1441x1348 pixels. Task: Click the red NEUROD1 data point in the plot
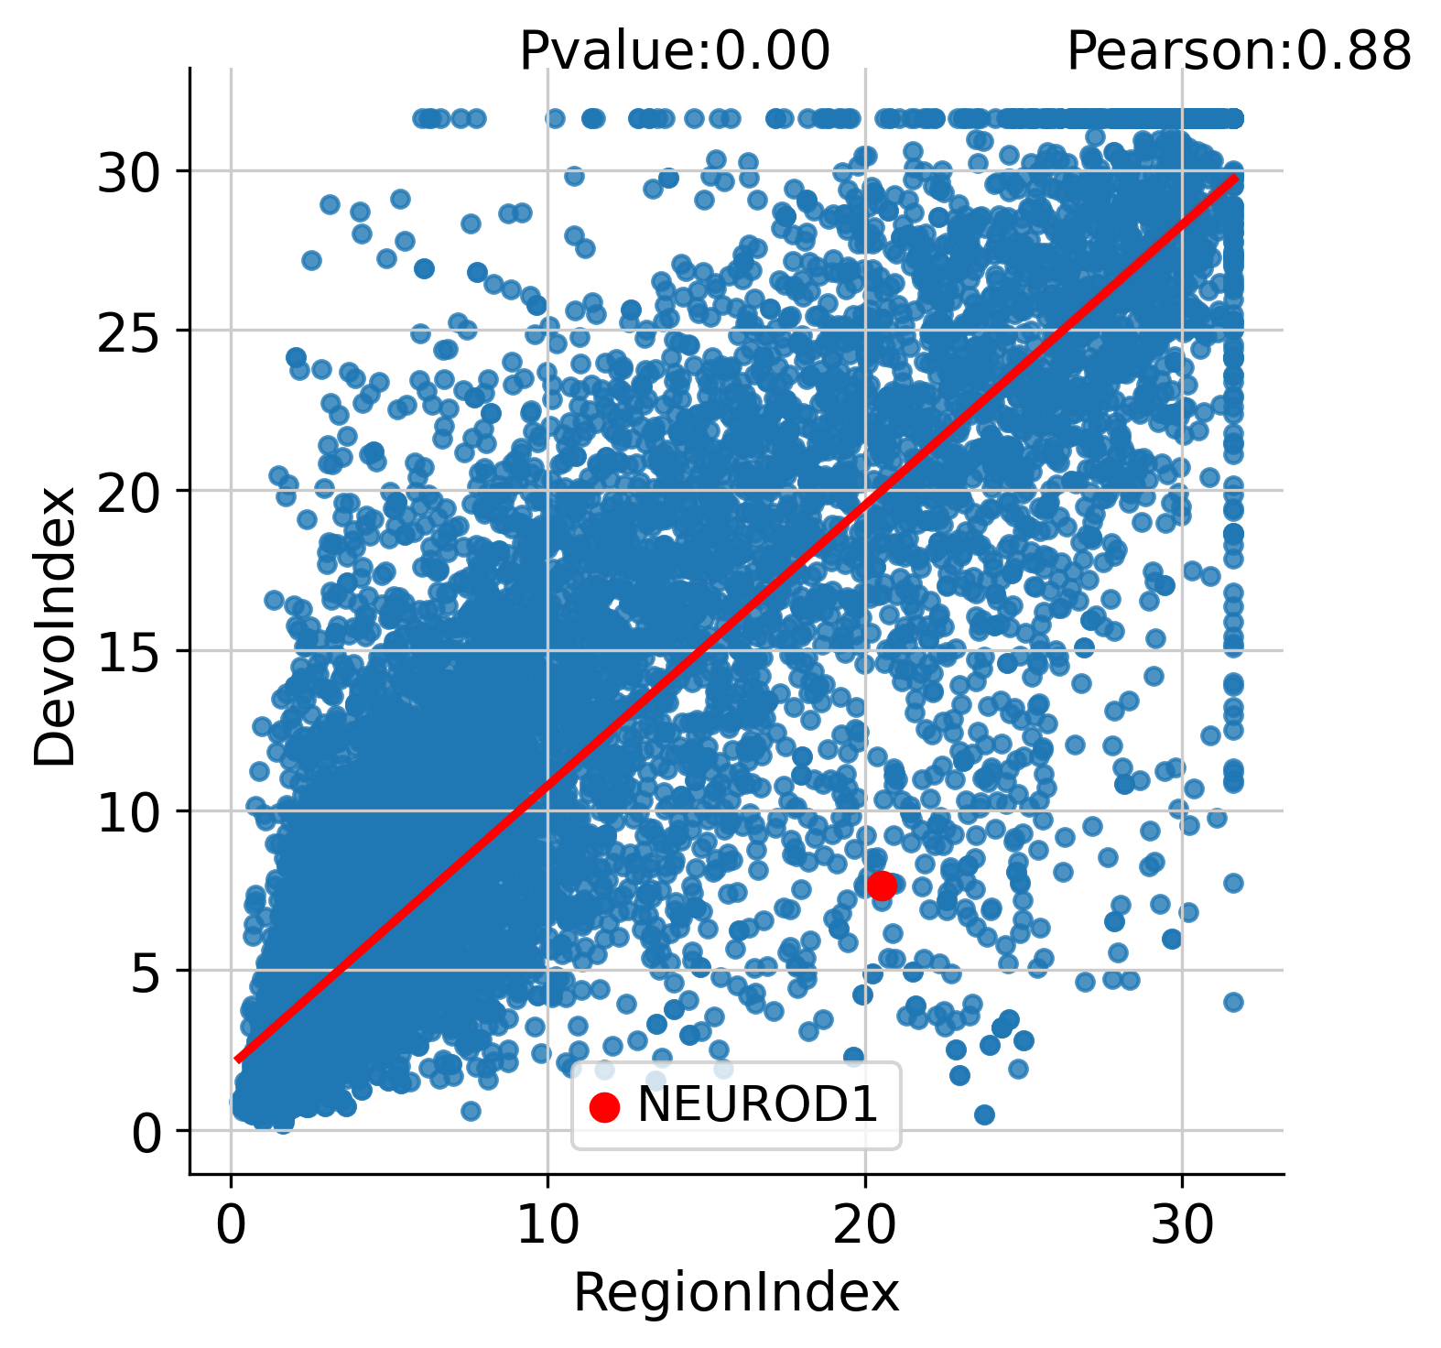[882, 886]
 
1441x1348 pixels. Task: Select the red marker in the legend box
[604, 1106]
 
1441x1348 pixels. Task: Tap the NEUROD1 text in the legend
[757, 1104]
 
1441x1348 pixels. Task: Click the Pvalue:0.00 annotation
[675, 51]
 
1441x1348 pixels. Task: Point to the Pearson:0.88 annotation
[1239, 51]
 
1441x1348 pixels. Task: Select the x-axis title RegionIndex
[736, 1293]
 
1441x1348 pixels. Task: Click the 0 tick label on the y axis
[146, 1132]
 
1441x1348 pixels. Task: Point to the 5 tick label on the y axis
[146, 972]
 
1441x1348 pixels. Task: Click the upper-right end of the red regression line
[1236, 178]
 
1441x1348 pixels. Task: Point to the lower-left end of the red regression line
[237, 1060]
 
